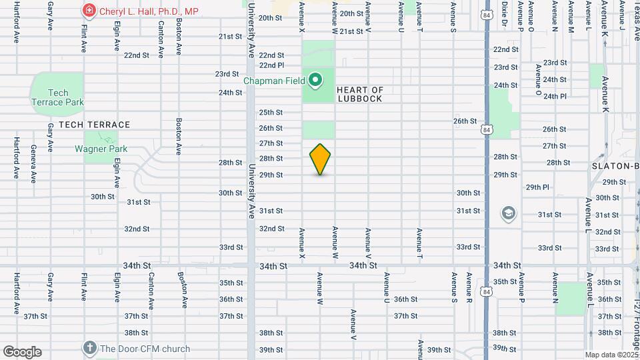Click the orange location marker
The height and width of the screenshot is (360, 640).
pyautogui.click(x=320, y=159)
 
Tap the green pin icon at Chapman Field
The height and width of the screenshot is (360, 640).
pyautogui.click(x=316, y=81)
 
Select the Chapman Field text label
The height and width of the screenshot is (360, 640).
pyautogui.click(x=273, y=81)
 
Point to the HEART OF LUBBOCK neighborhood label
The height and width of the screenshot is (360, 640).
pyautogui.click(x=360, y=94)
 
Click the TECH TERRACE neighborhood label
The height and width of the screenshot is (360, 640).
pyautogui.click(x=94, y=125)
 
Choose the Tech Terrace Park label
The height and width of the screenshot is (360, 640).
pyautogui.click(x=58, y=98)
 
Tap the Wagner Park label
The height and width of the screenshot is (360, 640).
pyautogui.click(x=101, y=149)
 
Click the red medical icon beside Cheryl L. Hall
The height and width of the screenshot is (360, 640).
pyautogui.click(x=88, y=11)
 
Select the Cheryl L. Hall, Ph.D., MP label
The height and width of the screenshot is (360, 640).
pyautogui.click(x=149, y=11)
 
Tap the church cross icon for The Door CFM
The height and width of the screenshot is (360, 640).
pyautogui.click(x=90, y=348)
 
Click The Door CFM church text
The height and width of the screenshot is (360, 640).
pyautogui.click(x=145, y=349)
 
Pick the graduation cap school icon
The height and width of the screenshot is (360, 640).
pyautogui.click(x=509, y=213)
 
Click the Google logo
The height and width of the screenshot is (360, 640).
pyautogui.click(x=22, y=352)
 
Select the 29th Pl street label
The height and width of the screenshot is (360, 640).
pyautogui.click(x=537, y=187)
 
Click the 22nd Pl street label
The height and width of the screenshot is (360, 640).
pyautogui.click(x=271, y=65)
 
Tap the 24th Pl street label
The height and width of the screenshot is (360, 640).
pyautogui.click(x=555, y=96)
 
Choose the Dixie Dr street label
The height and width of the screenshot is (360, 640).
pyautogui.click(x=505, y=17)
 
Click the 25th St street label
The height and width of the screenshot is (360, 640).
pyautogui.click(x=271, y=113)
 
